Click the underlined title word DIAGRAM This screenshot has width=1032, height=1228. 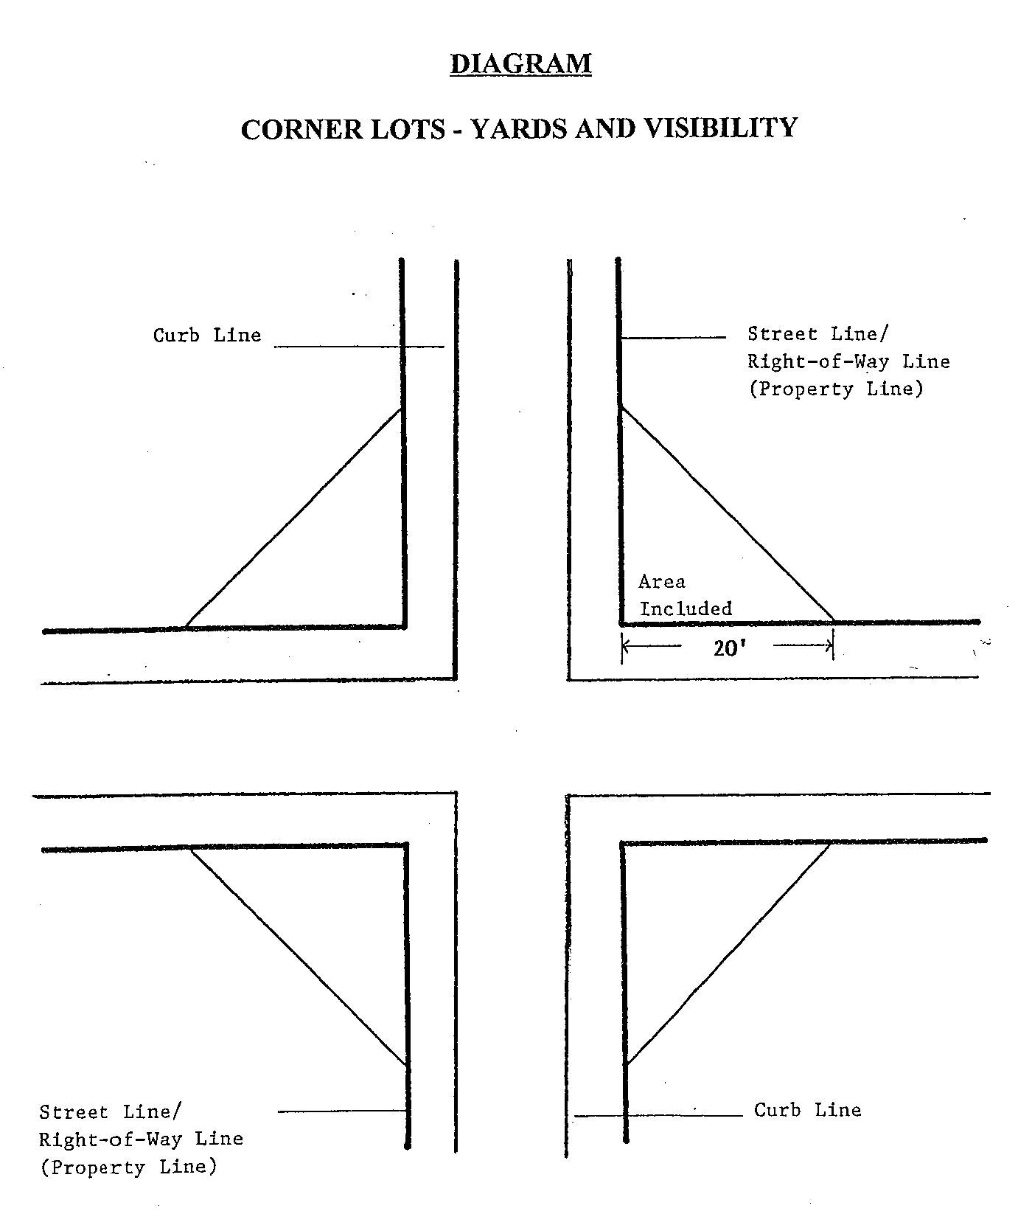click(520, 63)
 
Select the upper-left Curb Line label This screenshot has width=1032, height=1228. click(207, 336)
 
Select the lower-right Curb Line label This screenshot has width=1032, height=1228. click(807, 1110)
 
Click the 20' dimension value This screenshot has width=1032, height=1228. click(727, 648)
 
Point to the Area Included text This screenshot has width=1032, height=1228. click(684, 596)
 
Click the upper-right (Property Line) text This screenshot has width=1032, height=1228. click(836, 389)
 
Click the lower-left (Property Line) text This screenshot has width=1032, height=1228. click(129, 1168)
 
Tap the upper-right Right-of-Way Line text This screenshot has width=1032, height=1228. click(848, 362)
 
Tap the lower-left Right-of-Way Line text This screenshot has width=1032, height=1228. click(141, 1139)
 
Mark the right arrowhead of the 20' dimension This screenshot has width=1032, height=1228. click(830, 647)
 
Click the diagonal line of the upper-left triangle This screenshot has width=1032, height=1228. click(293, 518)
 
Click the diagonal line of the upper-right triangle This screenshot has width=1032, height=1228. click(728, 514)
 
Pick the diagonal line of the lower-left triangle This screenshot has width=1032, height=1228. click(299, 957)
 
